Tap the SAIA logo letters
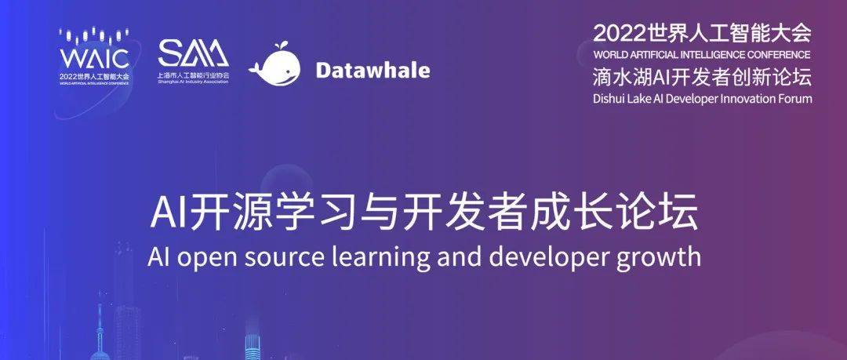click(193, 53)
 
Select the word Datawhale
click(373, 70)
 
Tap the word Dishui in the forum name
click(610, 99)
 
